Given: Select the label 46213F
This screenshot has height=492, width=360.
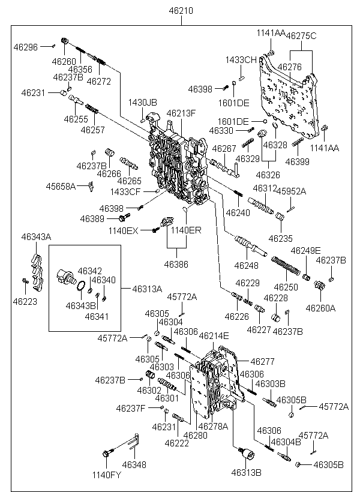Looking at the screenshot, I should pyautogui.click(x=181, y=113).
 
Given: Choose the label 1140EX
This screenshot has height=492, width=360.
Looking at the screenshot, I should pyautogui.click(x=123, y=230).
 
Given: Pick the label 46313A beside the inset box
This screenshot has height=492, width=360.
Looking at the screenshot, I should pyautogui.click(x=148, y=289).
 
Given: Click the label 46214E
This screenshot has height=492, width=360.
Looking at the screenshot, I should pyautogui.click(x=214, y=336).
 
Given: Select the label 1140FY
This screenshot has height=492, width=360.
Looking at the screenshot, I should pyautogui.click(x=106, y=475).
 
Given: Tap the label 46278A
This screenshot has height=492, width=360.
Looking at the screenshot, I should pyautogui.click(x=213, y=427).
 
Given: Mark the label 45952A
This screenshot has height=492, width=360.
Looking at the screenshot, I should pyautogui.click(x=290, y=191).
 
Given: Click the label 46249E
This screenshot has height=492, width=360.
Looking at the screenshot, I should pyautogui.click(x=305, y=250).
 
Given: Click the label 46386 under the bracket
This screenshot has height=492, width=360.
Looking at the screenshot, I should pyautogui.click(x=176, y=263).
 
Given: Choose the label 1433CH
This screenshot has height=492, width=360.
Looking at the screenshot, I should pyautogui.click(x=241, y=60).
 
